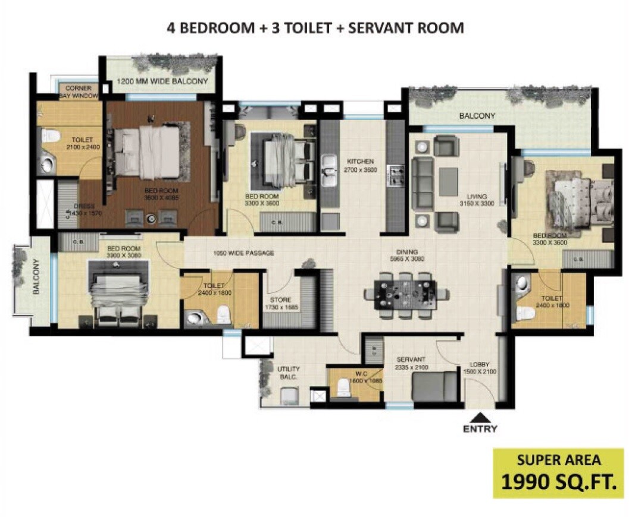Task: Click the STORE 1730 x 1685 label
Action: click(x=280, y=304)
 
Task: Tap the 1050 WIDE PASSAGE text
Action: click(x=243, y=253)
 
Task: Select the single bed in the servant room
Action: click(x=434, y=386)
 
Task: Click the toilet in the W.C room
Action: click(x=343, y=387)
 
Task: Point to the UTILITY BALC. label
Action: click(x=289, y=373)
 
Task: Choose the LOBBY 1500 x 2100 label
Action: click(x=479, y=368)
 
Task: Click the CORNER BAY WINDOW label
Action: click(x=79, y=92)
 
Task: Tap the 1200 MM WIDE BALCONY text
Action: click(x=162, y=81)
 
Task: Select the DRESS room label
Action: click(x=80, y=210)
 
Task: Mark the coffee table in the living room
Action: click(x=449, y=178)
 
